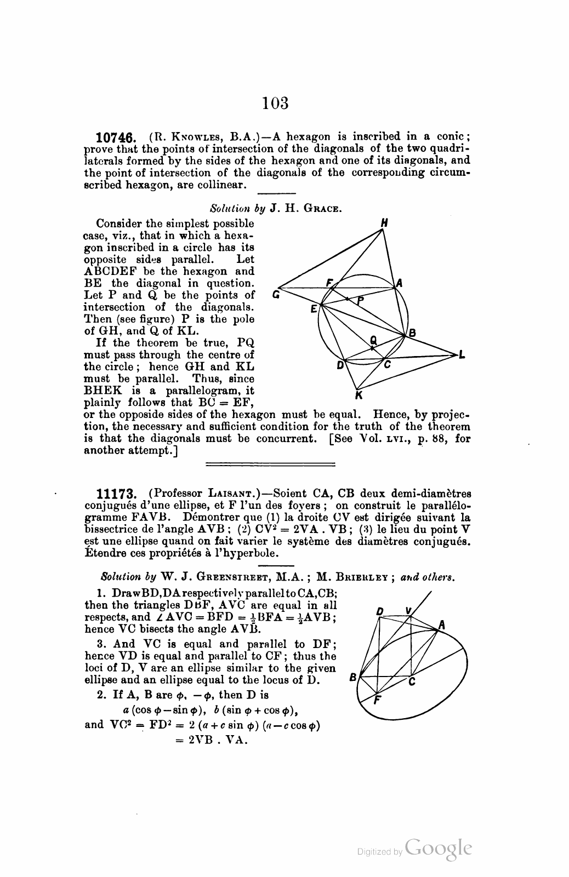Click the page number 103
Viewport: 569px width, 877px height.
click(275, 103)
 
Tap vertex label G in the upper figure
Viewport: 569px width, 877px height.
click(276, 294)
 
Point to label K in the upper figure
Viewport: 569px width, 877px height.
click(359, 396)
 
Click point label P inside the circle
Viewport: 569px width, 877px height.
click(360, 301)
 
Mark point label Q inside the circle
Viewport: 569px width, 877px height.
click(373, 339)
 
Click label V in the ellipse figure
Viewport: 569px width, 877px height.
click(408, 611)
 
